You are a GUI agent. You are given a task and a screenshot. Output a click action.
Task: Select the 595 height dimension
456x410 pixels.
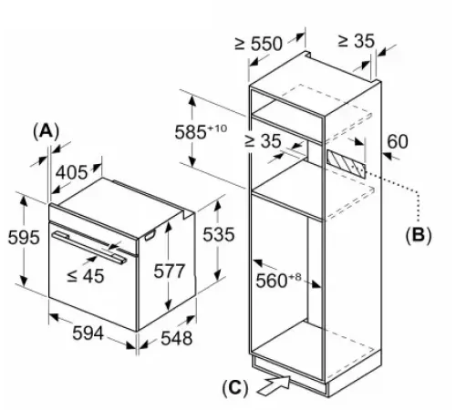tap(23, 238)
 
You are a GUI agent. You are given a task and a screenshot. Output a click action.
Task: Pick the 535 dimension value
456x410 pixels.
tap(218, 233)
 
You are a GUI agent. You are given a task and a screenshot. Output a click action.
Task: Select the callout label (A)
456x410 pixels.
tap(45, 130)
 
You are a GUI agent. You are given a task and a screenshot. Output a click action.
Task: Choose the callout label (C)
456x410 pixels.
tap(235, 387)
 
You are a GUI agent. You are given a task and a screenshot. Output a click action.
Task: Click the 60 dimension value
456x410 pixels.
tap(398, 141)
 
